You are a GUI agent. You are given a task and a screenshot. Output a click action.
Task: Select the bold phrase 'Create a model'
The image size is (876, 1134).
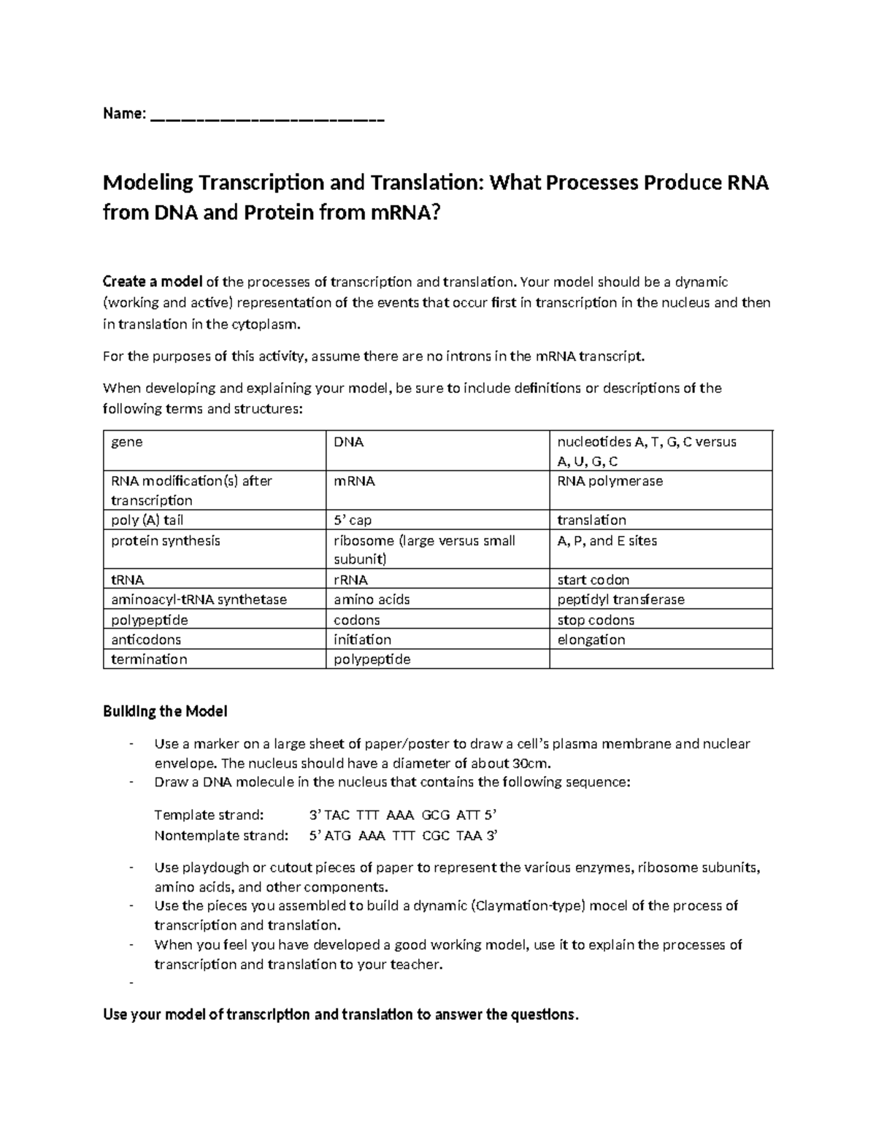[153, 282]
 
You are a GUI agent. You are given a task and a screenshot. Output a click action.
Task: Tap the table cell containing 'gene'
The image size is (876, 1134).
[214, 450]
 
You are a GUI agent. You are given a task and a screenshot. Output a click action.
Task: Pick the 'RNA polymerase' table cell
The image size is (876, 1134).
[660, 489]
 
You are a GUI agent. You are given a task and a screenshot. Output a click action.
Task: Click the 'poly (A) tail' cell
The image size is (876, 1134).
[214, 520]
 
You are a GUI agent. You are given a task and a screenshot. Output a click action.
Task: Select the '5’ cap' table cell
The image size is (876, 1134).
[437, 520]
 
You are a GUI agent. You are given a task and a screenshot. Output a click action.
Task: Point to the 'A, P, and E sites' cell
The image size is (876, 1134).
[660, 548]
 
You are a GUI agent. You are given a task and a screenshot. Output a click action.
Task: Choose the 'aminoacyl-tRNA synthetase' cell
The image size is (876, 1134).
[214, 599]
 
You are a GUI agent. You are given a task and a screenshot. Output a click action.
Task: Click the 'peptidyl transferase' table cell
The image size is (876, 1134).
[660, 599]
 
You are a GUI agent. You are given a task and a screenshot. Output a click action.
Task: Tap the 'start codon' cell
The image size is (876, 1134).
[660, 580]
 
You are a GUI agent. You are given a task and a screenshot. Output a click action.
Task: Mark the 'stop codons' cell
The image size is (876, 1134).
[660, 620]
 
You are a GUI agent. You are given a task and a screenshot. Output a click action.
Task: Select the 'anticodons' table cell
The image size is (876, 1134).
[214, 640]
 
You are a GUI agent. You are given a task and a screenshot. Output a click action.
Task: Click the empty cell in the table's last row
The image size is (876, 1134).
[660, 659]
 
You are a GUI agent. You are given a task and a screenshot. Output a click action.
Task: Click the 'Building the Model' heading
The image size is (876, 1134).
[165, 711]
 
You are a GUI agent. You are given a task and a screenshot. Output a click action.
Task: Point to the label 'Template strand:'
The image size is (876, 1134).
[208, 815]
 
